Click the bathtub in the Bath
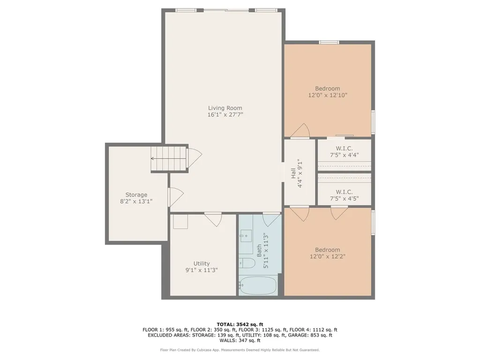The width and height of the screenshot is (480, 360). tap(258, 285)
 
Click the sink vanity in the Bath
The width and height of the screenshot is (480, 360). tap(246, 236)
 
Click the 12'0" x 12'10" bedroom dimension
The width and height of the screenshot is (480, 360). tap(328, 95)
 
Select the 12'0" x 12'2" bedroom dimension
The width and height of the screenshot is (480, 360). tap(328, 256)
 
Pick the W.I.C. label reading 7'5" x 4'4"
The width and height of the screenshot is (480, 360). tap(344, 152)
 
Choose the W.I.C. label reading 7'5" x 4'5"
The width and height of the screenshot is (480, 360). tap(344, 195)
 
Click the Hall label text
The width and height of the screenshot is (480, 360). tap(293, 173)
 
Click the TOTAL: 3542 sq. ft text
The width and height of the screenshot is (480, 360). tap(240, 324)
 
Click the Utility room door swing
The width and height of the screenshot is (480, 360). tap(213, 219)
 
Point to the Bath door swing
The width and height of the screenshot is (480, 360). tap(271, 219)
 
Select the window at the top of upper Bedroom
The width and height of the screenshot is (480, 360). tap(329, 42)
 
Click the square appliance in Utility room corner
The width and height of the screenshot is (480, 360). tap(180, 221)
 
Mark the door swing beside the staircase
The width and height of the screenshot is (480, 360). tap(195, 158)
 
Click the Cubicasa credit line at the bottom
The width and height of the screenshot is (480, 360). tap(240, 350)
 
